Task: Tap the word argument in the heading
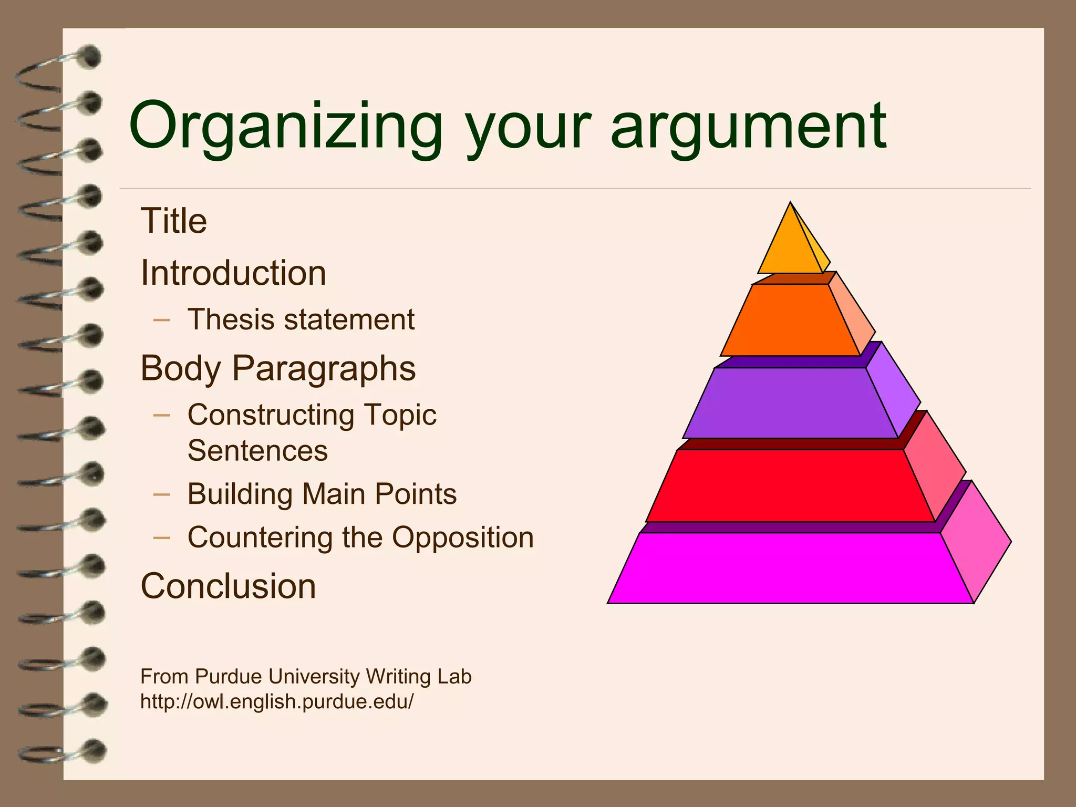(x=748, y=128)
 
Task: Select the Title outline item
(x=174, y=221)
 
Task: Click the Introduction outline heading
(x=233, y=273)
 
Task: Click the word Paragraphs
(x=324, y=368)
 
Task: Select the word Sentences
(x=257, y=451)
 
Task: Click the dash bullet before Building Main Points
(x=162, y=494)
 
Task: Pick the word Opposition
(x=463, y=537)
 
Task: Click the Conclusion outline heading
(x=228, y=586)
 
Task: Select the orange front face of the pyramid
(x=790, y=320)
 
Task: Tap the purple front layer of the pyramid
(x=790, y=403)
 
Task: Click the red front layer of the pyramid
(x=790, y=486)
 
